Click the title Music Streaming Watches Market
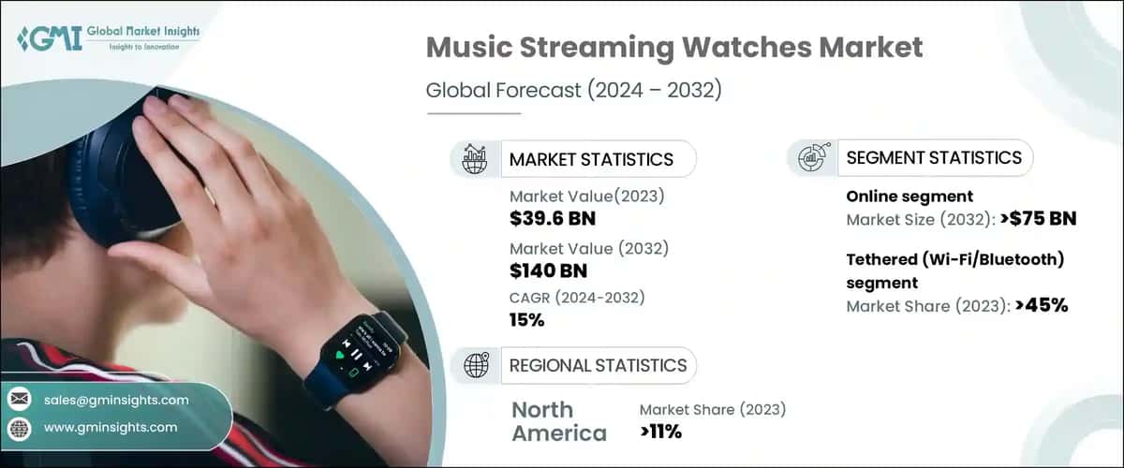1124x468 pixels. (674, 46)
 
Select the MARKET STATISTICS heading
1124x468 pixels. (591, 159)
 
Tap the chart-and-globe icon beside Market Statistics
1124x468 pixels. (474, 159)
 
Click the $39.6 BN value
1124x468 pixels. (552, 220)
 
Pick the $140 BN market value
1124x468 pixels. (548, 271)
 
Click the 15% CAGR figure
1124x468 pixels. (526, 320)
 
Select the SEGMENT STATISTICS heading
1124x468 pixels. (934, 158)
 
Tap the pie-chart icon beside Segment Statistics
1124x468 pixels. (810, 158)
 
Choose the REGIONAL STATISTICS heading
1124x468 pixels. (598, 365)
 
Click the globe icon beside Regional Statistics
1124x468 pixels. (475, 365)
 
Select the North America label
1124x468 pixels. (559, 421)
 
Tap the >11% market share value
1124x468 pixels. (660, 431)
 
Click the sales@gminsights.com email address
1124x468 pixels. (116, 400)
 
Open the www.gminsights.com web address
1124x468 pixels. (111, 428)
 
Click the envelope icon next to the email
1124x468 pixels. (20, 400)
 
